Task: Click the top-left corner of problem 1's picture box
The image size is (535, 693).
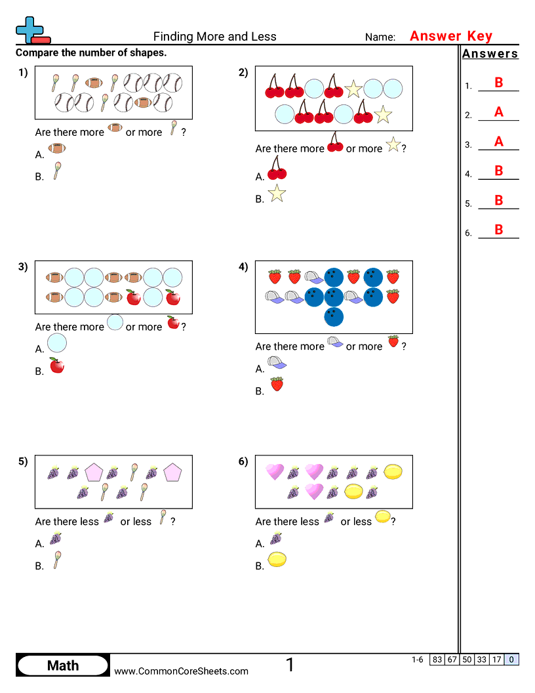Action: [x=35, y=66]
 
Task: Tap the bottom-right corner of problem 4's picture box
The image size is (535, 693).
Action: [x=413, y=333]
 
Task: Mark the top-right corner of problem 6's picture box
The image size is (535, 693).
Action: [x=413, y=455]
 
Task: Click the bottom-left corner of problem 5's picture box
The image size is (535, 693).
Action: [x=35, y=508]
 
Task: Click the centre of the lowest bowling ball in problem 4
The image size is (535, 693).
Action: [x=334, y=317]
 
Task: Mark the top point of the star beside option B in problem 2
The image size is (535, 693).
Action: [x=277, y=184]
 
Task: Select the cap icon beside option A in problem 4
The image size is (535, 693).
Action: [x=277, y=363]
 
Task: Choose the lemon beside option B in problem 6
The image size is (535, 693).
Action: [x=277, y=560]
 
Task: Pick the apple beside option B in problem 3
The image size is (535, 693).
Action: [x=57, y=365]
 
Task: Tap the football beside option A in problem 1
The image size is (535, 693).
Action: [x=57, y=148]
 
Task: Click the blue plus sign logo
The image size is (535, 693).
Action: [x=30, y=30]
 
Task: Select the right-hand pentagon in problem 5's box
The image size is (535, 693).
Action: [x=172, y=472]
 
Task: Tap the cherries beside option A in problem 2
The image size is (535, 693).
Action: [x=277, y=167]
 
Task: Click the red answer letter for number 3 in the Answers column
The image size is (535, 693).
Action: [x=499, y=142]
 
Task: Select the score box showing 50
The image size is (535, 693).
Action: [x=467, y=660]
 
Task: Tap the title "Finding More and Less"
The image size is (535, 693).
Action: [x=214, y=36]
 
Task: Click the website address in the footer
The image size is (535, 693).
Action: [x=181, y=671]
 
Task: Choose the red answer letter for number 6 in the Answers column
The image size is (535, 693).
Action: [x=499, y=230]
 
